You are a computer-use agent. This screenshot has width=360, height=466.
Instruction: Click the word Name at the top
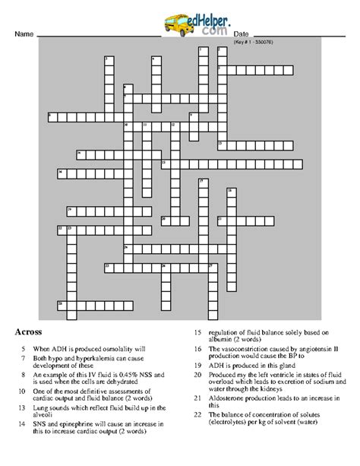click(24, 36)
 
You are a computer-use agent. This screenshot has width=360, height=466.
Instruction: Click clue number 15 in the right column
click(197, 332)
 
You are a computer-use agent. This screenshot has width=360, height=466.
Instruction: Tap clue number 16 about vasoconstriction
click(197, 349)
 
